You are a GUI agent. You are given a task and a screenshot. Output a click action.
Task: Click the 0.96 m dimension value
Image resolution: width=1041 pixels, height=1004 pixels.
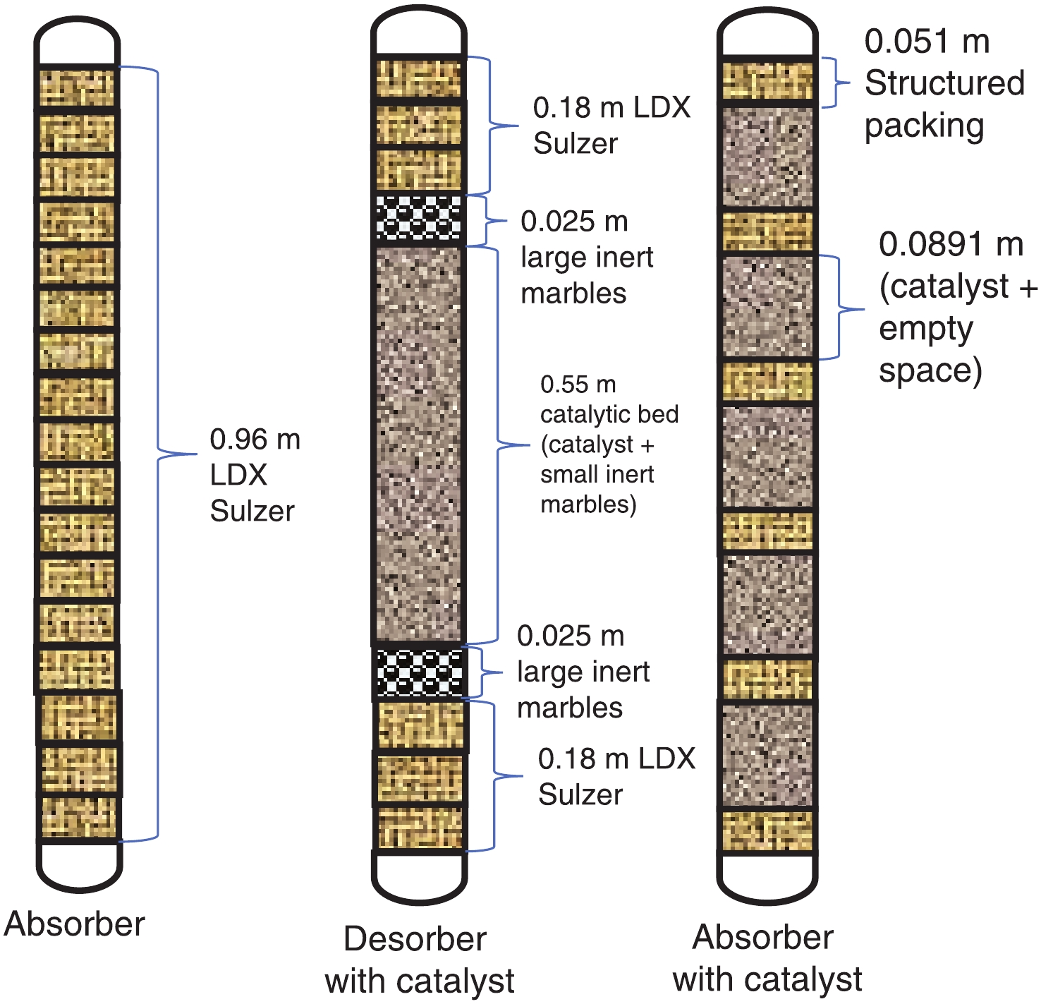click(255, 440)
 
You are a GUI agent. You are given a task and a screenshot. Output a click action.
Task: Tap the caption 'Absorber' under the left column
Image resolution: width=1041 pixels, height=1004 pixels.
click(74, 924)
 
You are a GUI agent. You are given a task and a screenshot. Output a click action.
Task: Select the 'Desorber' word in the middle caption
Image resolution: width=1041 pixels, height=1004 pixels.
click(415, 939)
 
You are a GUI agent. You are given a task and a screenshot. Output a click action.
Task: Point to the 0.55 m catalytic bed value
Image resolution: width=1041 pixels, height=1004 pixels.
click(578, 385)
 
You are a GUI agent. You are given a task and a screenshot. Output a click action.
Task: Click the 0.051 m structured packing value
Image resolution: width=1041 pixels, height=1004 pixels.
click(927, 42)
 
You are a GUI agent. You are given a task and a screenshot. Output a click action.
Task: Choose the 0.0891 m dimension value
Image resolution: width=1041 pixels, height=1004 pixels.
click(951, 245)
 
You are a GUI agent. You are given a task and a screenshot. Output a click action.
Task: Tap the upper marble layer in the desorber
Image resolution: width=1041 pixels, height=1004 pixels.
click(419, 219)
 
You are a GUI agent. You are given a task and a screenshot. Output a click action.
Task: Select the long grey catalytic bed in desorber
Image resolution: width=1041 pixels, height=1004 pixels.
click(419, 444)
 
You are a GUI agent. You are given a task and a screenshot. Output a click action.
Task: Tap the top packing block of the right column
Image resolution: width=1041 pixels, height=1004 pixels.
click(768, 80)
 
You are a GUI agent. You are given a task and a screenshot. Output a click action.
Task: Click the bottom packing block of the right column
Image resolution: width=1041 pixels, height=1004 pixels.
click(768, 830)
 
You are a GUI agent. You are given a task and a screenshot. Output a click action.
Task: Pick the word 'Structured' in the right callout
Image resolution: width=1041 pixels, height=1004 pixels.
click(944, 83)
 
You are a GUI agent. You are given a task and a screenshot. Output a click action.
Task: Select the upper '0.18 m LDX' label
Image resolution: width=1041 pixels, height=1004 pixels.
click(611, 108)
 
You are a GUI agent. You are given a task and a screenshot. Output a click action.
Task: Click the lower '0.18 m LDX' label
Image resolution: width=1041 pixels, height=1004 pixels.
click(616, 759)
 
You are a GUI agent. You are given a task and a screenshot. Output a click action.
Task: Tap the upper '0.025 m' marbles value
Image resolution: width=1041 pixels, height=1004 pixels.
click(574, 222)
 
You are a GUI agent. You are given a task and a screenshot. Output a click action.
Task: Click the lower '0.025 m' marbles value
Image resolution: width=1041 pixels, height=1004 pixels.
click(571, 636)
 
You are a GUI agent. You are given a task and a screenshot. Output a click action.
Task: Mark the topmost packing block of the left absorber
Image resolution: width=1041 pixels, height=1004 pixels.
click(78, 87)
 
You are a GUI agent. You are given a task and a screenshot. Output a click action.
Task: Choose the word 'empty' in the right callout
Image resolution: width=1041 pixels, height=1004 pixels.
click(925, 329)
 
